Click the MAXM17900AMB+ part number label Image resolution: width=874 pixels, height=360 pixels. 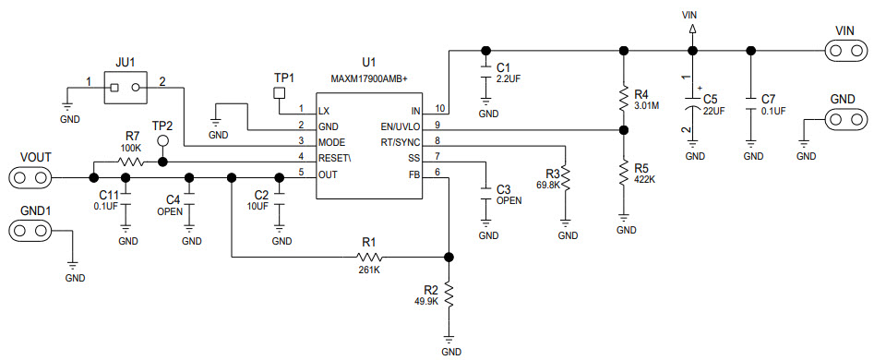(x=370, y=79)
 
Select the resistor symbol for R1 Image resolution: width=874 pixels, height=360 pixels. (x=369, y=258)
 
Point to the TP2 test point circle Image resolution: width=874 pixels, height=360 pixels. (x=162, y=141)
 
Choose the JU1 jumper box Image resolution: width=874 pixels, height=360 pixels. (x=125, y=88)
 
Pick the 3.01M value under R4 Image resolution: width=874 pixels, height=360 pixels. (x=645, y=105)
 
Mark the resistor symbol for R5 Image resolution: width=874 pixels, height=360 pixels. (x=625, y=173)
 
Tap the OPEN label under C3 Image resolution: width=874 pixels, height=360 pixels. (x=509, y=200)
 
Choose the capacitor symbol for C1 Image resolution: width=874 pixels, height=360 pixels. (x=485, y=73)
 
